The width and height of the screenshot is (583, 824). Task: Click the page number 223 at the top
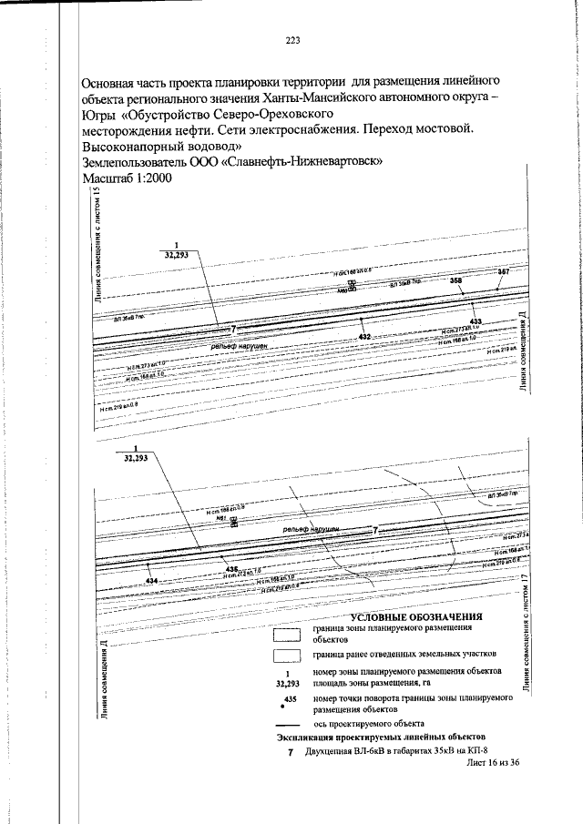[292, 39]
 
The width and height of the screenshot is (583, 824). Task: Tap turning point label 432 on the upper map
[363, 337]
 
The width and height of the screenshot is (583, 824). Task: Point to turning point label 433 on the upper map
[475, 322]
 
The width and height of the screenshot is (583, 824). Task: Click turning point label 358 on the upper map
[456, 282]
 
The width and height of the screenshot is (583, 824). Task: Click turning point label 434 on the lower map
[151, 580]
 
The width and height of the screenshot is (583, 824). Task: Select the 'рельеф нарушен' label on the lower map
[311, 528]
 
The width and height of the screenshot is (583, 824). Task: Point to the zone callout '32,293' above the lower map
[135, 461]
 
